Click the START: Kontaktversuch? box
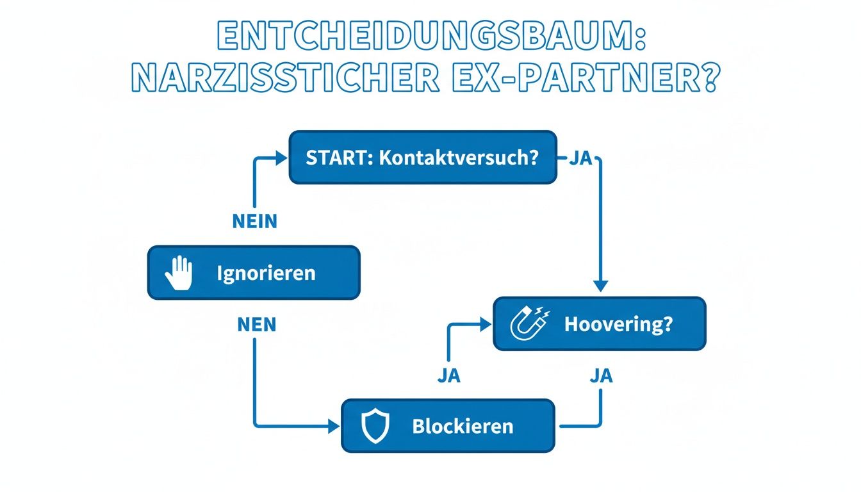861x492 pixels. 423,158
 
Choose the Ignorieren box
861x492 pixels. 254,273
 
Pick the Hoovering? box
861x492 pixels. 599,324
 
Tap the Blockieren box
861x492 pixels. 448,425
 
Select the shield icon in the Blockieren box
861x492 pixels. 375,425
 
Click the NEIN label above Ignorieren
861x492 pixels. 254,222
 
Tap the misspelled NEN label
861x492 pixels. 256,325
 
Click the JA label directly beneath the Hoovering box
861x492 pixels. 600,376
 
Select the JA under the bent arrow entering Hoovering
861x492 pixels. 449,376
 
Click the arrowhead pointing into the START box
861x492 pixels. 282,158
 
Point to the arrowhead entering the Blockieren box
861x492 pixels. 334,425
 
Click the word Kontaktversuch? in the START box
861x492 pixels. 458,158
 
